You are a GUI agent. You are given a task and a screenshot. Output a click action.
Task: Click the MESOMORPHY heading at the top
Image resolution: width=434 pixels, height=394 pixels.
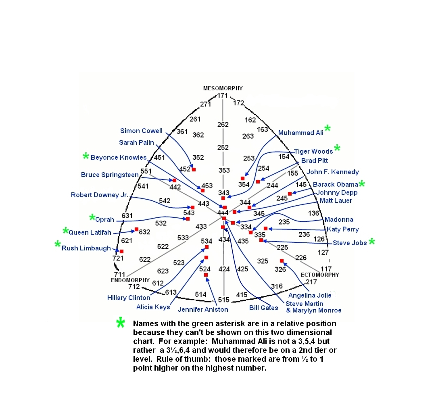pos(223,88)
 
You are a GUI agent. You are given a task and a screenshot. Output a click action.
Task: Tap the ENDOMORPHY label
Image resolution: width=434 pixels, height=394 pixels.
pos(130,280)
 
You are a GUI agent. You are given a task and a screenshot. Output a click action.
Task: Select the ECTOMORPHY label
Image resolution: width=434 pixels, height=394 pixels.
pos(320,275)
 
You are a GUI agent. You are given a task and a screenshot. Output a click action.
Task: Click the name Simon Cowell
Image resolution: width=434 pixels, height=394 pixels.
pos(141,131)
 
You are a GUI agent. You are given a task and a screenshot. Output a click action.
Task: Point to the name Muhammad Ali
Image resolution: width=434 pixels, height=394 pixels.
pos(300,133)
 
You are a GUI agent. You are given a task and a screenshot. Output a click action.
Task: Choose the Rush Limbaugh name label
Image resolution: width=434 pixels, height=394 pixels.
pos(86,248)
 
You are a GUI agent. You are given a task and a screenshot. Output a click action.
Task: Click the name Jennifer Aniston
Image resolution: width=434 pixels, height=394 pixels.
pos(203,309)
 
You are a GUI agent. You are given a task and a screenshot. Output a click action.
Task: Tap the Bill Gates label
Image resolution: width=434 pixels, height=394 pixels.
pos(263,308)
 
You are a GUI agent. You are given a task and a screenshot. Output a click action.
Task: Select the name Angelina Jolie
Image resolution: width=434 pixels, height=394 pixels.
pos(310,295)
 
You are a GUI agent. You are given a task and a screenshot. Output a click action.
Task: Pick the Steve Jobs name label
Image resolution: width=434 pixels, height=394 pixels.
pos(350,243)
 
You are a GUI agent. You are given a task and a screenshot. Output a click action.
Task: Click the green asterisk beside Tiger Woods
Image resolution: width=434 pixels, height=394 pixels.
pos(337,148)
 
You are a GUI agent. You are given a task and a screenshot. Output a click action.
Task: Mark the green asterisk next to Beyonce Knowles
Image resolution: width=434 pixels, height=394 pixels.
pos(86,156)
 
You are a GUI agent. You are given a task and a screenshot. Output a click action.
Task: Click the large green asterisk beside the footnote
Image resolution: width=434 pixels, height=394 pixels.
pos(121,323)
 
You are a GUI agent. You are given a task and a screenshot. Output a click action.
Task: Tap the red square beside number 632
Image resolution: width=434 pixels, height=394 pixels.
pos(136,229)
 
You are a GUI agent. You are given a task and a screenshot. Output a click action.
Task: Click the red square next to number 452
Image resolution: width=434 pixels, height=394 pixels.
pos(194,169)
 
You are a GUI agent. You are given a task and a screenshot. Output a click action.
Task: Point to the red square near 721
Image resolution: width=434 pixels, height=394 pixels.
pos(121,251)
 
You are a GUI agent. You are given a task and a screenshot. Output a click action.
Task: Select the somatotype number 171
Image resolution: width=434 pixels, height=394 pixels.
pos(223,96)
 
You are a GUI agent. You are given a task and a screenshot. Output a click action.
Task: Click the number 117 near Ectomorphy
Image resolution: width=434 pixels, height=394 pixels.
pos(326,269)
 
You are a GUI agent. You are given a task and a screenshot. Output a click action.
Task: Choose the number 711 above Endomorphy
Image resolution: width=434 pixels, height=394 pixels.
pos(119,274)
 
